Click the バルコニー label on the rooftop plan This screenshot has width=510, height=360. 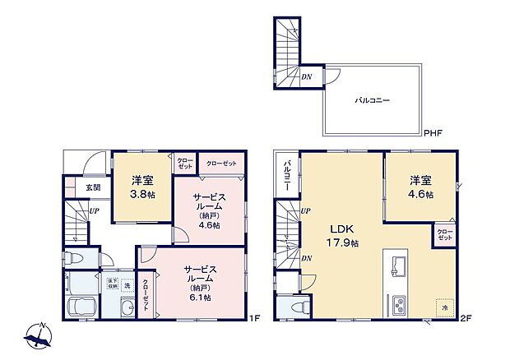[x=372, y=100]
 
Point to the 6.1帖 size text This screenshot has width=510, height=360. [x=200, y=298]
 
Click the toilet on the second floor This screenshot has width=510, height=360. [x=299, y=307]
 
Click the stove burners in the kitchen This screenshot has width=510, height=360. [x=398, y=303]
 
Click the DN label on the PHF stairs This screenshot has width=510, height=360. [x=306, y=77]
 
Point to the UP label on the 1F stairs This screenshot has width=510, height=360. [x=95, y=210]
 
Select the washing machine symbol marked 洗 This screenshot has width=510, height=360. [x=127, y=285]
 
